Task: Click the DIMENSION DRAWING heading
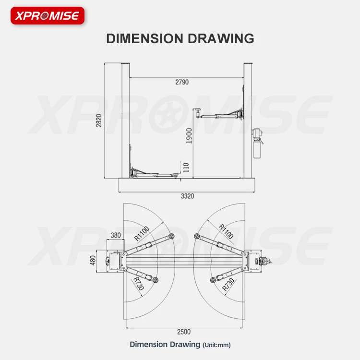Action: coord(180,38)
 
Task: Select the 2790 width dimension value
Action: coord(182,82)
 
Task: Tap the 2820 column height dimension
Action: coord(99,120)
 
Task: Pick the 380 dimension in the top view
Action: coord(116,236)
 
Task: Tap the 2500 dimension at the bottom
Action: coord(183,332)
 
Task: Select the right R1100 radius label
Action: coord(226,231)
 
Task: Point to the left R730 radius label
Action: coord(139,283)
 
